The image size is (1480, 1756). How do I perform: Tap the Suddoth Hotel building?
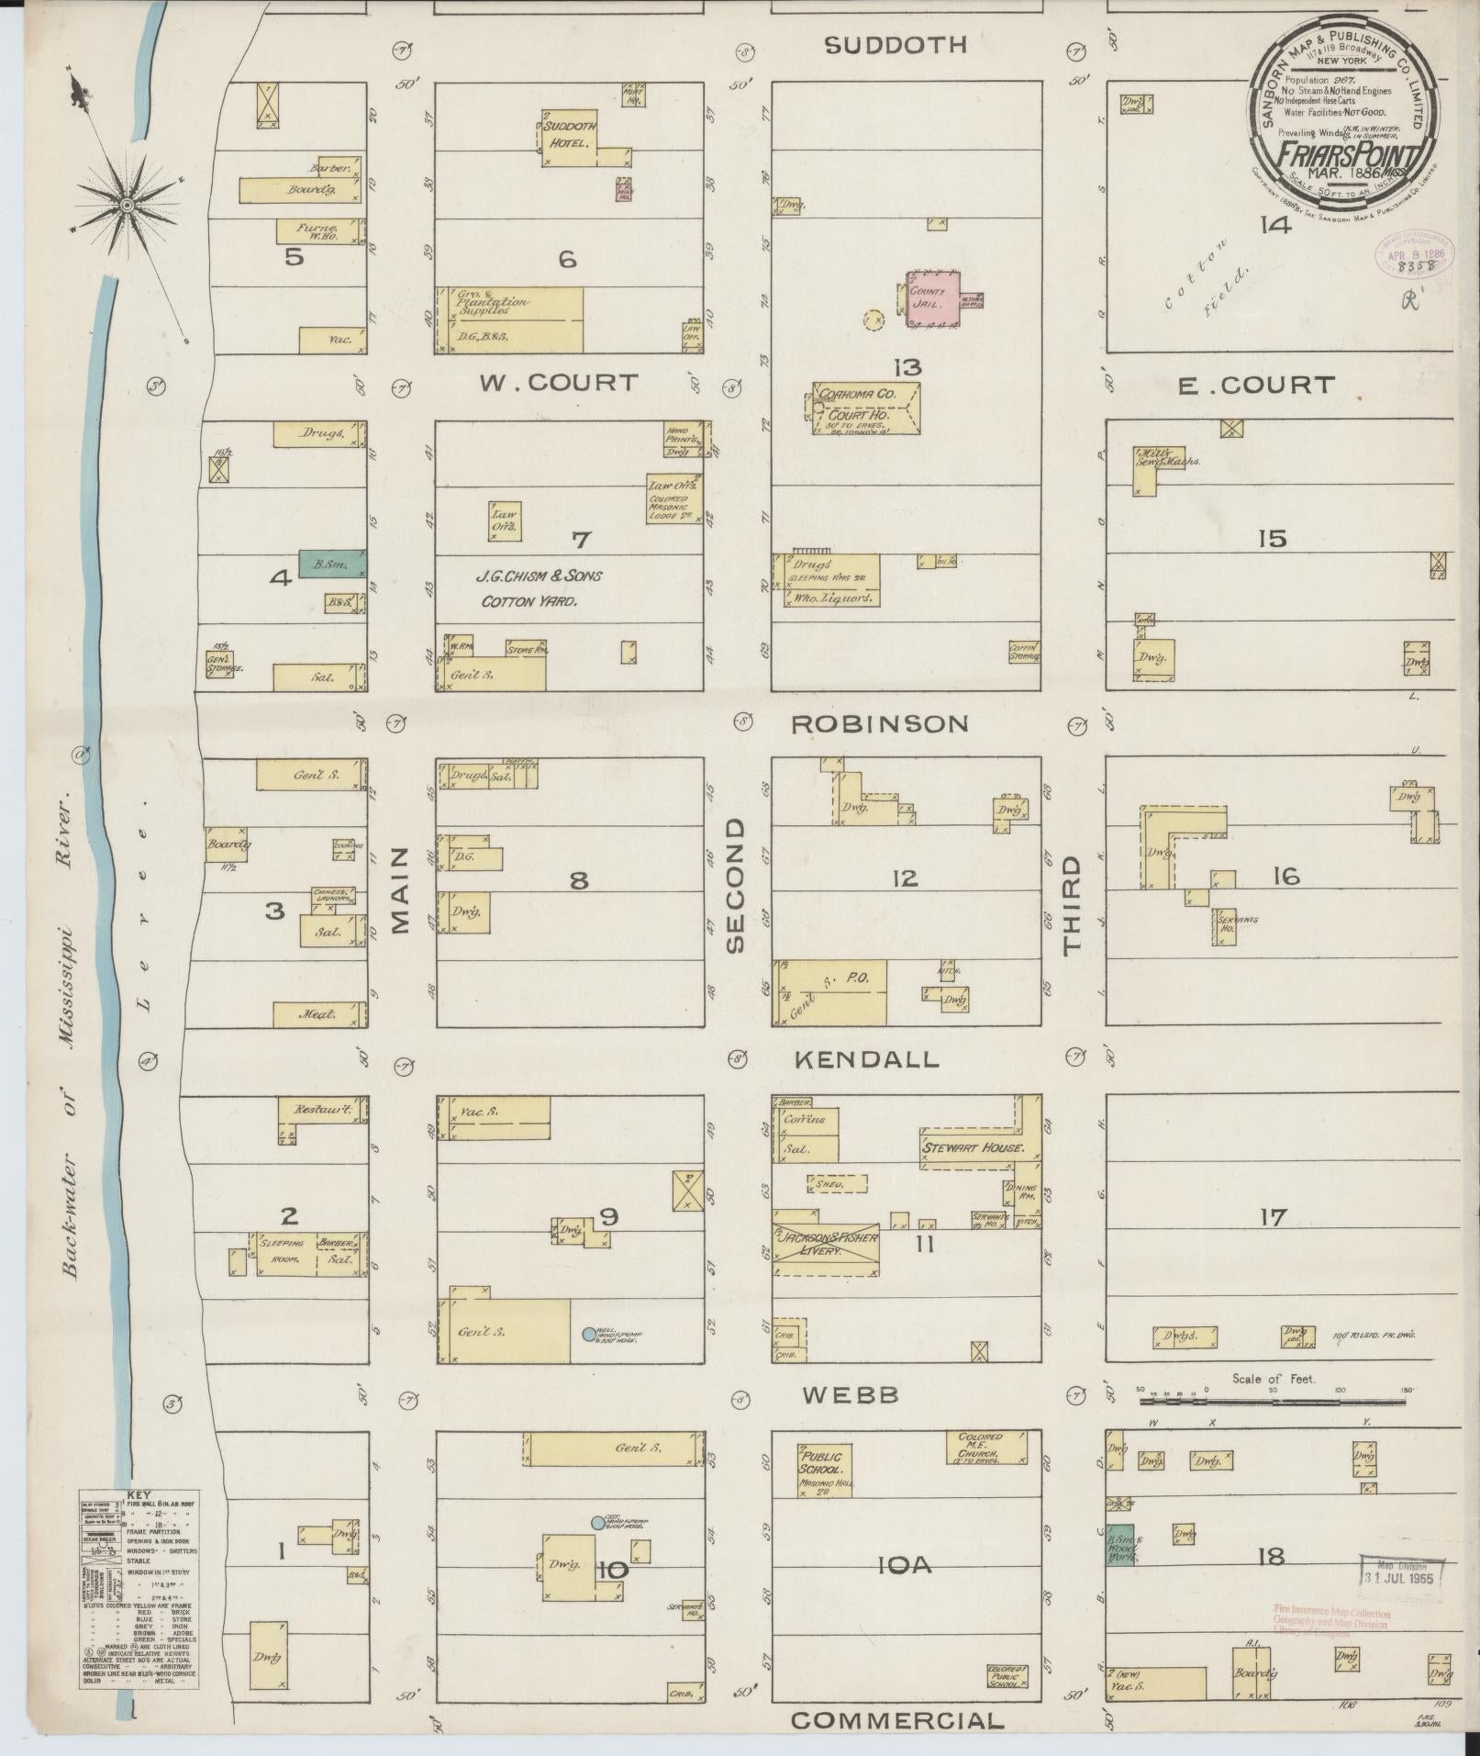click(570, 137)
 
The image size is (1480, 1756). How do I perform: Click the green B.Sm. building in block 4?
click(331, 565)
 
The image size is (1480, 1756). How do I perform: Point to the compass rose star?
click(128, 203)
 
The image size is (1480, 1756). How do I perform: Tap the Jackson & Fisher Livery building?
click(825, 1249)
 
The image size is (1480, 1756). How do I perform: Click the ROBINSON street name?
click(879, 724)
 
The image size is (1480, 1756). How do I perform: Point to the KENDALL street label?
click(865, 1059)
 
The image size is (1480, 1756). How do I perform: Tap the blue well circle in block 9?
click(589, 1334)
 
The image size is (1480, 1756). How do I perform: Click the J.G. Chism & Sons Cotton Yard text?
click(539, 588)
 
